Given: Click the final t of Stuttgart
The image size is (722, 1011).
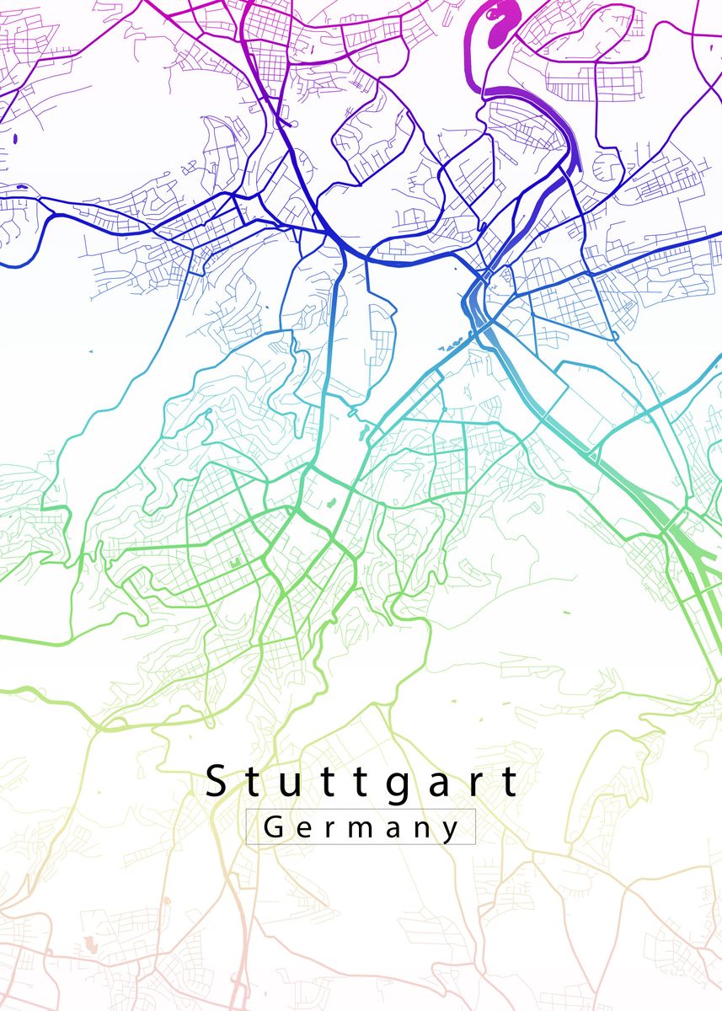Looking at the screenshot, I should (510, 783).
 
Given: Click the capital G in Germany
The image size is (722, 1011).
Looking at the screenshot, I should (274, 827).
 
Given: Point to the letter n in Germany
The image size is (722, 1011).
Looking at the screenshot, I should (423, 830).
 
